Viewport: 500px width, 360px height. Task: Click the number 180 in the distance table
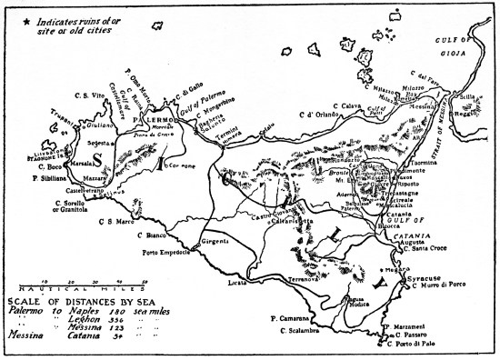pos(104,310)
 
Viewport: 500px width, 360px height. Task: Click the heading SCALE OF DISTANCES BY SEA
pos(68,301)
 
